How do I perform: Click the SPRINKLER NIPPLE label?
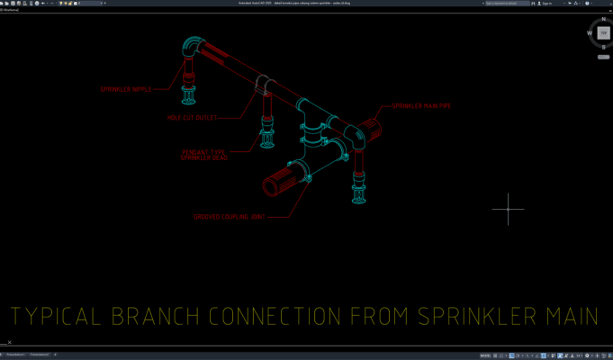point(126,89)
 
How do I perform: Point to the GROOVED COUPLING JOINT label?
point(230,217)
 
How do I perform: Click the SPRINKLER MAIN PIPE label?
point(420,106)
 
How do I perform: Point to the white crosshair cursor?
point(508,209)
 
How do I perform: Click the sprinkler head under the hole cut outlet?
point(267,138)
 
